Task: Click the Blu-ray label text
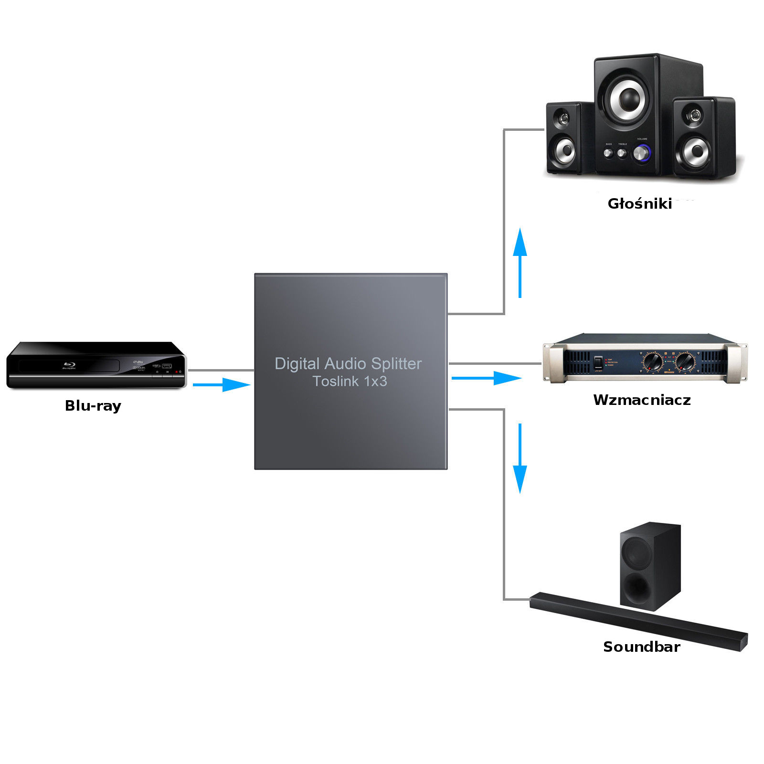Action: click(x=93, y=406)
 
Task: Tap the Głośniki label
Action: click(x=639, y=204)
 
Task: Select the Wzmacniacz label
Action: click(x=642, y=400)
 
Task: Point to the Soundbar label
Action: click(x=641, y=647)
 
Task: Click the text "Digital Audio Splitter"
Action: click(x=348, y=364)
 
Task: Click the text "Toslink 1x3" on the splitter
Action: click(x=350, y=382)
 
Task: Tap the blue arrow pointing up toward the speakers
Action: click(x=520, y=263)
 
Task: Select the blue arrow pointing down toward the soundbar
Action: click(x=520, y=458)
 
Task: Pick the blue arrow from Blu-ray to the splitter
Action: click(x=222, y=384)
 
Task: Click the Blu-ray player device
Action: click(x=95, y=365)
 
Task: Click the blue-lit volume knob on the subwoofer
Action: click(x=641, y=153)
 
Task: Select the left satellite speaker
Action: click(x=564, y=138)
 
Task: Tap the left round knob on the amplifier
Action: click(x=653, y=361)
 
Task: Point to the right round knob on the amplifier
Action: click(x=686, y=361)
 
